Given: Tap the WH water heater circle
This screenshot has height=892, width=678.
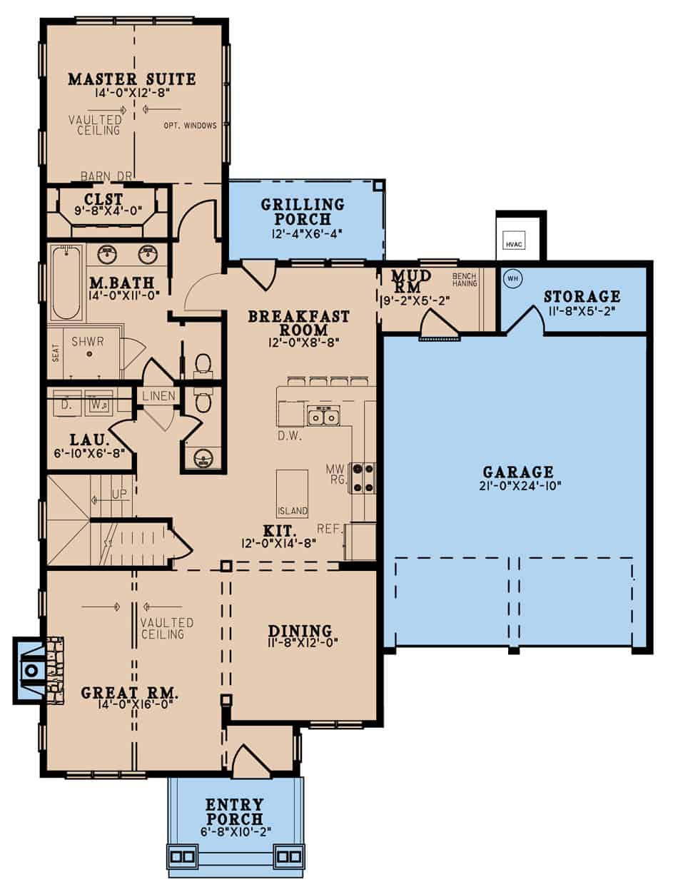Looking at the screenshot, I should click(x=511, y=278).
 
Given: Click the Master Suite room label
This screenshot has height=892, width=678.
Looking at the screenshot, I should click(x=131, y=79).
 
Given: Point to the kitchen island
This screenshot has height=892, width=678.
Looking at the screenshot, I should click(x=293, y=493).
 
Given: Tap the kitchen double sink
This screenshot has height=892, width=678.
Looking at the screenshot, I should click(x=323, y=416).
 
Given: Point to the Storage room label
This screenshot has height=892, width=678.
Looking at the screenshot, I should click(x=582, y=296).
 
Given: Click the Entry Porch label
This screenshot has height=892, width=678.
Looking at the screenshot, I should click(x=234, y=812).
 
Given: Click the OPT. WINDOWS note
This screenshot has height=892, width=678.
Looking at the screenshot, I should click(x=190, y=126).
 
